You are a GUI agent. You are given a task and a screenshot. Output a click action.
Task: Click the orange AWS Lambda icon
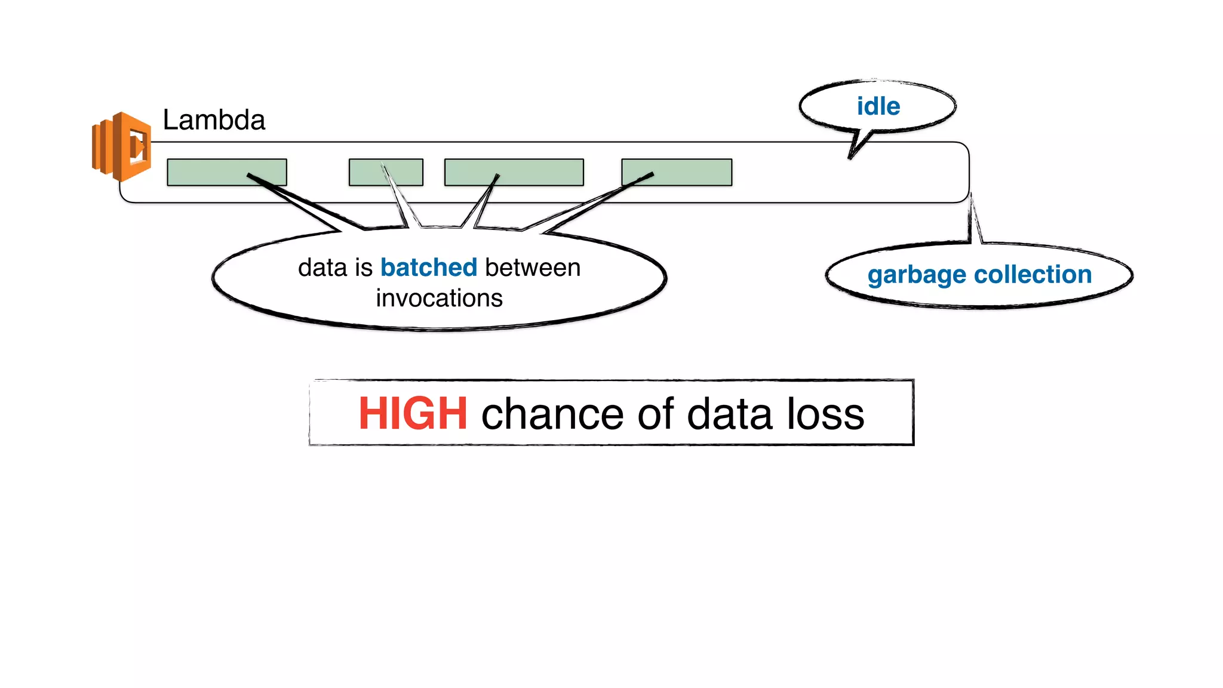tap(121, 146)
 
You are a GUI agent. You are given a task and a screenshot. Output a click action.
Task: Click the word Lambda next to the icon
tap(214, 120)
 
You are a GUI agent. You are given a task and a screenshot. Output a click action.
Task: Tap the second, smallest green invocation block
tap(386, 172)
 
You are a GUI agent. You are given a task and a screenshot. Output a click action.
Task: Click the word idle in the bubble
tap(878, 107)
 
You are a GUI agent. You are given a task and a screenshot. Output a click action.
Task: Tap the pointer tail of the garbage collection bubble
tap(973, 221)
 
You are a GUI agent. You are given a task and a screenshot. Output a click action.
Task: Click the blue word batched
tap(429, 268)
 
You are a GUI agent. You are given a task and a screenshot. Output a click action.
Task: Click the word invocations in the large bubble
tap(439, 298)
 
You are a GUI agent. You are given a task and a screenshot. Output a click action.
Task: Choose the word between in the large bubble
tap(532, 268)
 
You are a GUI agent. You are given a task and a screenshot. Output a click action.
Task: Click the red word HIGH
tap(413, 413)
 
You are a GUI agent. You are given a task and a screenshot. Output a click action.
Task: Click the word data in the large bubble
tap(322, 268)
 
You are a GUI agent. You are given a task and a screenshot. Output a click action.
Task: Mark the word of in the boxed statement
tap(655, 413)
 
